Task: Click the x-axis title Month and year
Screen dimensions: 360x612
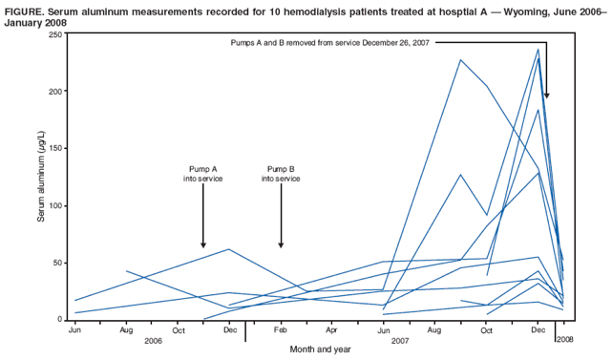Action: [x=321, y=349]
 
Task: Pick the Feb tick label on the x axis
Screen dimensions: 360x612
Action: [x=281, y=329]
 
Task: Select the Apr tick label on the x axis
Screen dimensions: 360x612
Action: [x=331, y=329]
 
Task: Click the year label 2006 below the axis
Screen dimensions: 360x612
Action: [x=152, y=340]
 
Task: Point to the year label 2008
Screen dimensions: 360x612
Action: [x=565, y=340]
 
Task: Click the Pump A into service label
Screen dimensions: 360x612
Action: [x=202, y=174]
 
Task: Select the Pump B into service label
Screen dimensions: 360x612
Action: [x=281, y=174]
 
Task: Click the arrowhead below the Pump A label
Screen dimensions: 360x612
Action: [x=203, y=244]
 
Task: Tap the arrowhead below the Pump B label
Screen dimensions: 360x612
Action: [x=281, y=244]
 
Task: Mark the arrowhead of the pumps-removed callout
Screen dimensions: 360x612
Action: [x=547, y=95]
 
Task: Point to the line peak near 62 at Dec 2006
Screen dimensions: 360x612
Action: [x=229, y=249]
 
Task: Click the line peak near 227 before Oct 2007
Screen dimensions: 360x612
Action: [x=460, y=60]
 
